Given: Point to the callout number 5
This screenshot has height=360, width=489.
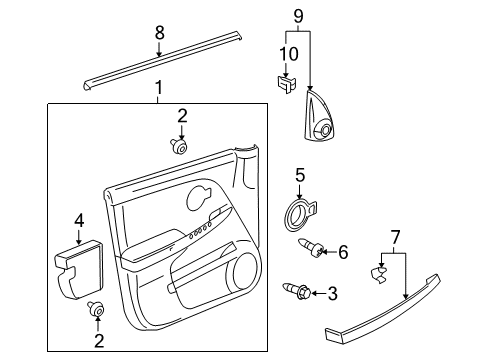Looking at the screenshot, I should pyautogui.click(x=298, y=175).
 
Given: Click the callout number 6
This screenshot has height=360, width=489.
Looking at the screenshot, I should pyautogui.click(x=342, y=253).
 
